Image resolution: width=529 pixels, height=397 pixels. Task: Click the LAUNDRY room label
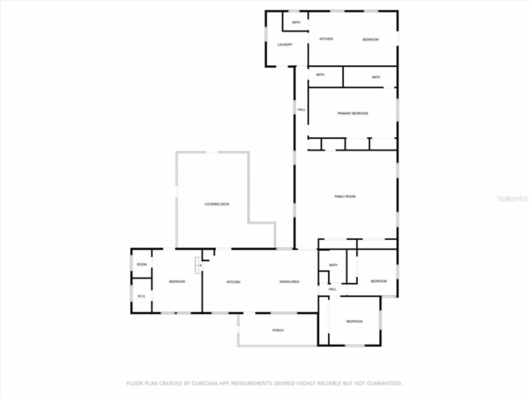pos(285,45)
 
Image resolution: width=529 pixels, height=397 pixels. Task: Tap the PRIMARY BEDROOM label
pos(353,113)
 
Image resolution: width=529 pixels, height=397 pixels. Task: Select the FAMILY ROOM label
pos(345,196)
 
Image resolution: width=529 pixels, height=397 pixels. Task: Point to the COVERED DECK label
pos(217,204)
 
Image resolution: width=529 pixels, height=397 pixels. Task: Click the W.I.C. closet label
pos(141,296)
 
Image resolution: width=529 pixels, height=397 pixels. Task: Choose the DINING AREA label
pos(289,282)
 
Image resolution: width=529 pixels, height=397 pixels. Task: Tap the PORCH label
pos(278,330)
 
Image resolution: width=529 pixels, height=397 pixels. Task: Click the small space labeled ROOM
pos(142,264)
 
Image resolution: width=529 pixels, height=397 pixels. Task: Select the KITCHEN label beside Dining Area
pos(234,282)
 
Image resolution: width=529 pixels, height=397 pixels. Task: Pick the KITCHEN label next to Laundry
pos(326,39)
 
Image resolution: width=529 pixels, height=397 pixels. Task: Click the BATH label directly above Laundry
pos(296,22)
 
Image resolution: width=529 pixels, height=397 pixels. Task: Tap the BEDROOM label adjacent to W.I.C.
pos(177,282)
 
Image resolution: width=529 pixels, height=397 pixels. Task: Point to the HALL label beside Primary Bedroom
pos(301,110)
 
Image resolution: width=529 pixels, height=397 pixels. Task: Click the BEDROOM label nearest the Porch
pos(354,321)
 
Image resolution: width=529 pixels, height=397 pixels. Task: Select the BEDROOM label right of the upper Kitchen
pos(370,39)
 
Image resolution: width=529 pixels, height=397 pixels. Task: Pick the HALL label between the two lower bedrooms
pos(333,289)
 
